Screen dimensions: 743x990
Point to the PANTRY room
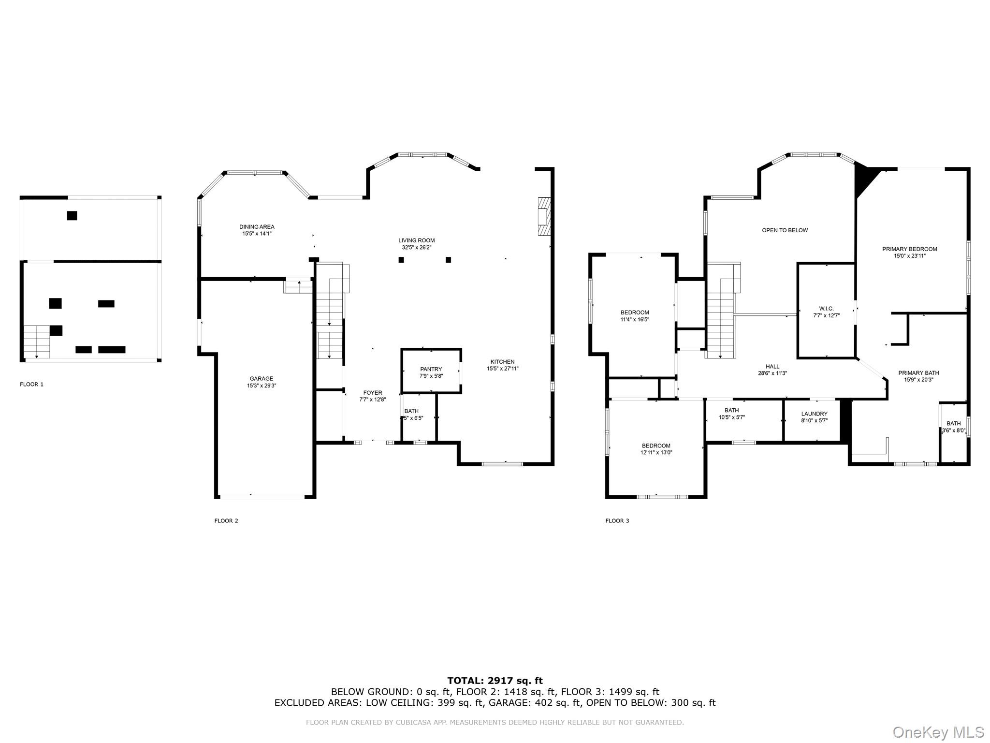click(x=431, y=372)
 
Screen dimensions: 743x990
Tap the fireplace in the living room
click(x=544, y=216)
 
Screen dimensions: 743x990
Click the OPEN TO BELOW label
click(x=785, y=230)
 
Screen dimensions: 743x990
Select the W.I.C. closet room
click(x=826, y=312)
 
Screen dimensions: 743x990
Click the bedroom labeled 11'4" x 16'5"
click(x=635, y=315)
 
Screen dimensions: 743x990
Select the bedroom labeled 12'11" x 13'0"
click(x=656, y=449)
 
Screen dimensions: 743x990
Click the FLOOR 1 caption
click(x=31, y=385)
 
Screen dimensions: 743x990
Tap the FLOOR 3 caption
click(x=617, y=521)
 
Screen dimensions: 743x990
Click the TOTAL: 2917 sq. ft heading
click(x=495, y=681)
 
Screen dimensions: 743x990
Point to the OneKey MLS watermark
click(x=938, y=732)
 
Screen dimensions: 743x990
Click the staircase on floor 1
click(x=37, y=342)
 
